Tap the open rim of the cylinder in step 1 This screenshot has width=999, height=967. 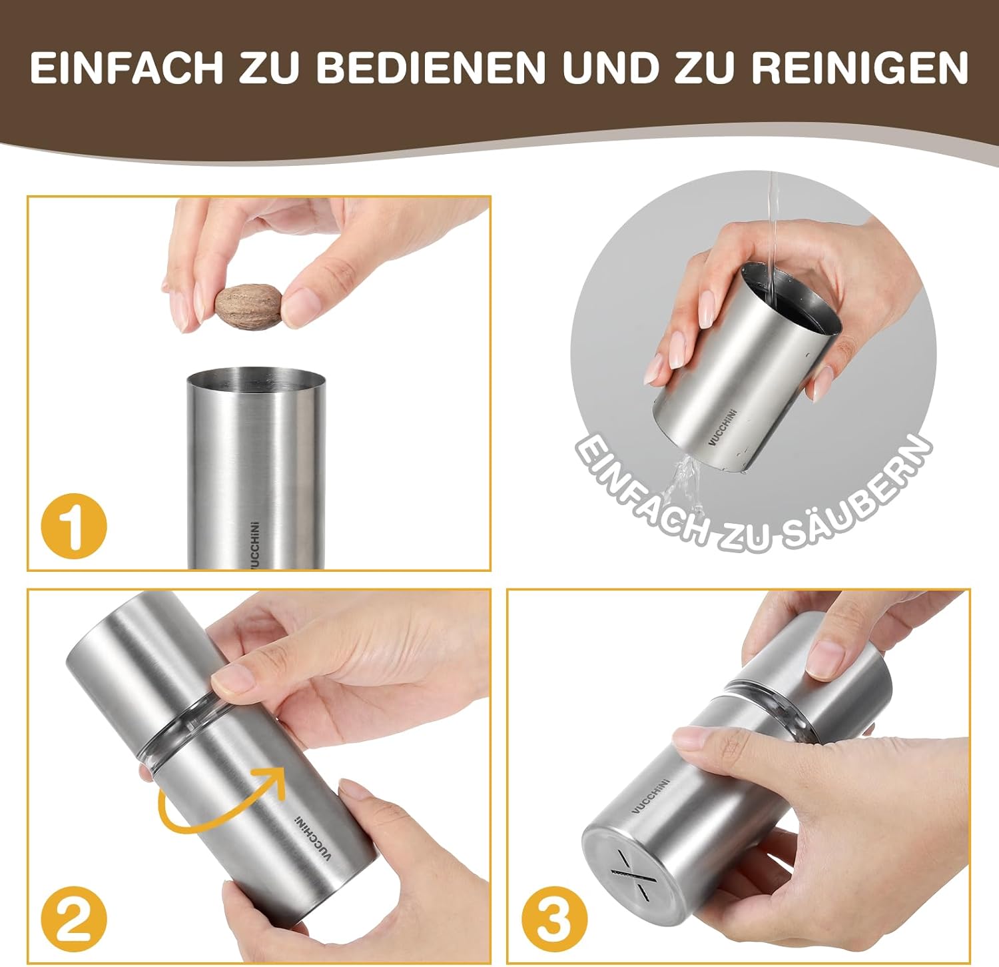click(256, 378)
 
